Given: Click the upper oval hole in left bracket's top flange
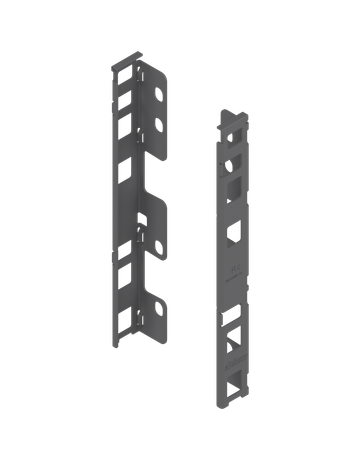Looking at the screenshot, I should click(159, 96).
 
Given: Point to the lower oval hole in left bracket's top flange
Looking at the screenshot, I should click(159, 126).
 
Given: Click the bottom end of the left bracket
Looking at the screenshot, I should click(121, 345).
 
